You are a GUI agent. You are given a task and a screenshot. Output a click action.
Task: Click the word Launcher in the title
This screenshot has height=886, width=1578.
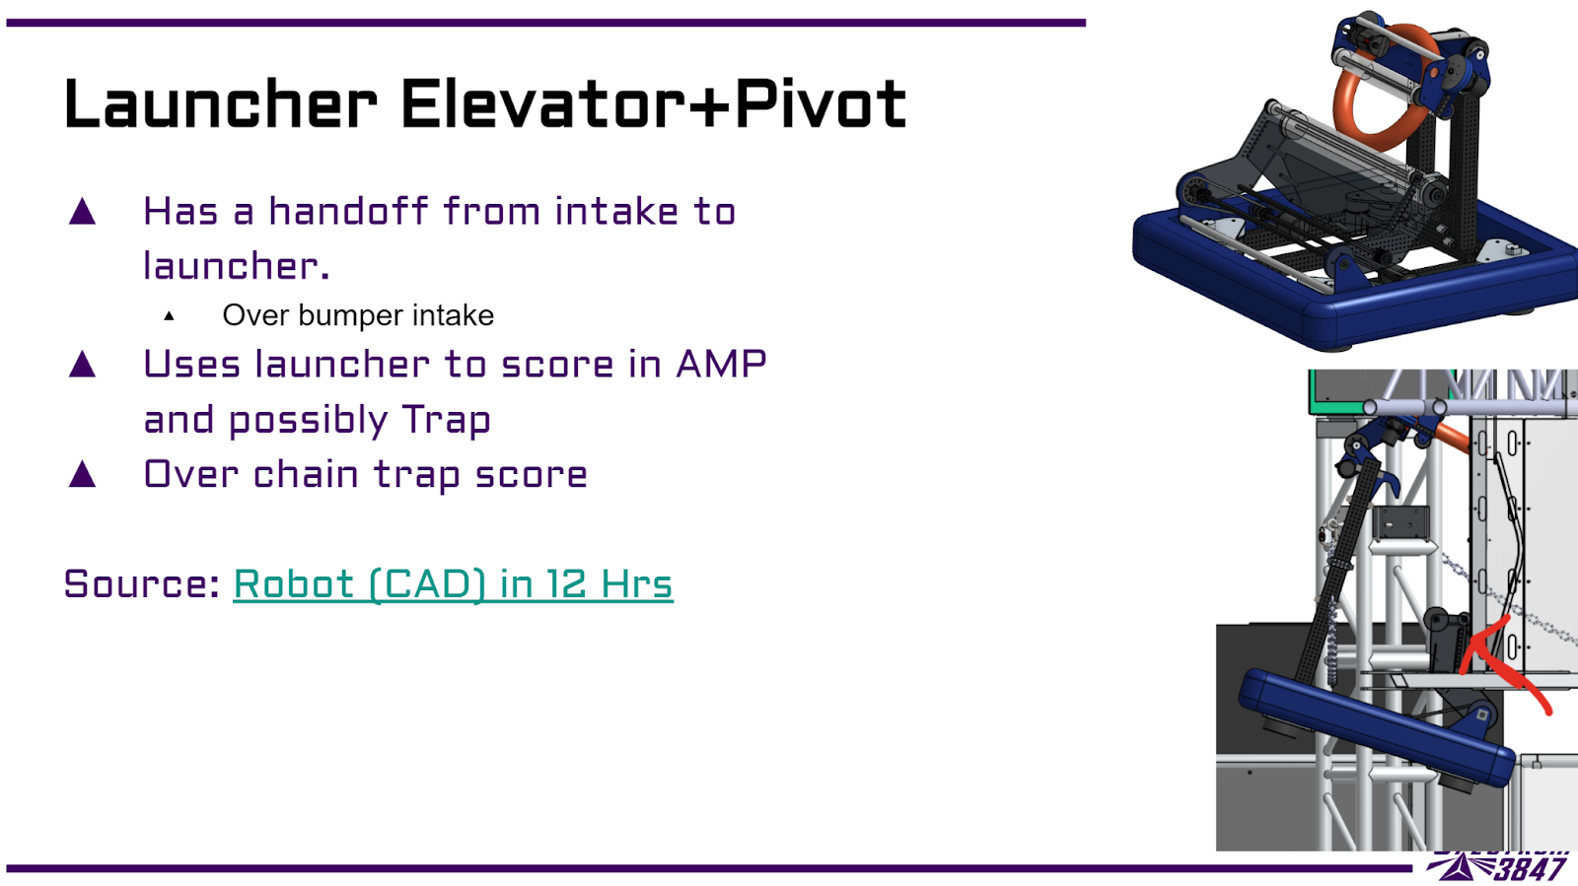click(221, 104)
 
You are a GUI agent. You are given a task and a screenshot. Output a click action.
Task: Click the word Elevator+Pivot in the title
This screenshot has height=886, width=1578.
click(654, 104)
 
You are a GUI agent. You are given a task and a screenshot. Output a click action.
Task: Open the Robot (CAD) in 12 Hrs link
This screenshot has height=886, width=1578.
click(453, 584)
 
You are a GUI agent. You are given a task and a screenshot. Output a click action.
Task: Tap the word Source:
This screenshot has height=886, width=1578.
click(142, 584)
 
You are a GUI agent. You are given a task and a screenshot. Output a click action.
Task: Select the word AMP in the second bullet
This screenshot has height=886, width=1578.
click(721, 364)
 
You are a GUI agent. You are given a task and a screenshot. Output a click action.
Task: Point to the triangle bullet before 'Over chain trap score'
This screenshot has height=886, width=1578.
click(83, 474)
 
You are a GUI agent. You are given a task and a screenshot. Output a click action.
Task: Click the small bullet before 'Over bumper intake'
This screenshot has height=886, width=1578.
click(169, 316)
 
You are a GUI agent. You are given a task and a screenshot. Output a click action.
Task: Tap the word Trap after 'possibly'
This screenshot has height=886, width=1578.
click(447, 420)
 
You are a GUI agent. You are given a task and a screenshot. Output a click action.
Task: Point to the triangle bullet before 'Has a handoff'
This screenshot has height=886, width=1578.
click(83, 211)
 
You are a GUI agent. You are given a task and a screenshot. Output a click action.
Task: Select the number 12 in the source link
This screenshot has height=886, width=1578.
click(566, 584)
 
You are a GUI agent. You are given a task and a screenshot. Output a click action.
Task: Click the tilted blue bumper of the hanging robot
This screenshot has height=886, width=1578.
click(1376, 727)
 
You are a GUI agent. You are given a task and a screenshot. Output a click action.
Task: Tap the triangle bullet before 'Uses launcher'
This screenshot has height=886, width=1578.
click(83, 364)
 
